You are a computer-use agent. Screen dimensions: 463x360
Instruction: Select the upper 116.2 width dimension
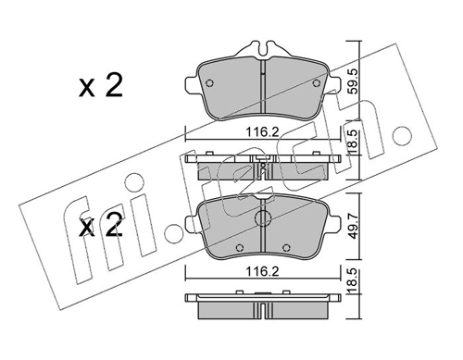pos(262,132)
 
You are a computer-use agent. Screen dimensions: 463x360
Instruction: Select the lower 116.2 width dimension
pos(262,271)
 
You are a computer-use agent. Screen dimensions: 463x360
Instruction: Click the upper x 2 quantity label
pos(101,86)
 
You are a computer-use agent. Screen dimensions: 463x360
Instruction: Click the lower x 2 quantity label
pos(101,226)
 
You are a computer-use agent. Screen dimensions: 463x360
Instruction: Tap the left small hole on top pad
pos(209,83)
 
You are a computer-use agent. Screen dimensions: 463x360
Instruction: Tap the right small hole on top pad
pos(316,83)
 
